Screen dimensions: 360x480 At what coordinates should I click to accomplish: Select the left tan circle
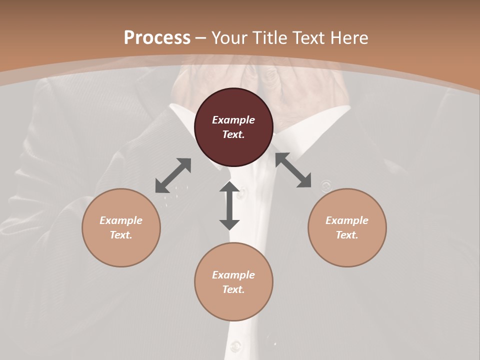coord(121,227)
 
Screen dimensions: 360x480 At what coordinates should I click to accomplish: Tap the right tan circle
coord(347,227)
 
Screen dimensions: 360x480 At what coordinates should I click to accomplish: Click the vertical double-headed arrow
coord(229,205)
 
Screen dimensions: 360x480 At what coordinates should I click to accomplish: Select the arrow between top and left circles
coord(173,175)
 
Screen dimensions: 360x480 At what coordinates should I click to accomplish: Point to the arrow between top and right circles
coord(293,170)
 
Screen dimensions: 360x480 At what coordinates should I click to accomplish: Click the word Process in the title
coord(157,37)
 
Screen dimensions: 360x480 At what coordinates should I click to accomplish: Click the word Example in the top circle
coord(233,120)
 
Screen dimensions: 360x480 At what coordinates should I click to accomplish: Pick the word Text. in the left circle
coord(121,235)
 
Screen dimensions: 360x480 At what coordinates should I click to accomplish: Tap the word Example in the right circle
coord(347,220)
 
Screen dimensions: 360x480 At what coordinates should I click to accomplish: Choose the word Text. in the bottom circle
coord(233,289)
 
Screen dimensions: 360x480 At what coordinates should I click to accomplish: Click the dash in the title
coord(201,38)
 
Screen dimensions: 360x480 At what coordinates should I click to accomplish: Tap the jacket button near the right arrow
coord(325,186)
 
